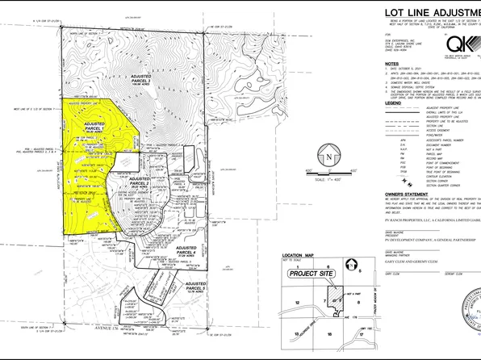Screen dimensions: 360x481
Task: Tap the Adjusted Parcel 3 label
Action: click(144, 77)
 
